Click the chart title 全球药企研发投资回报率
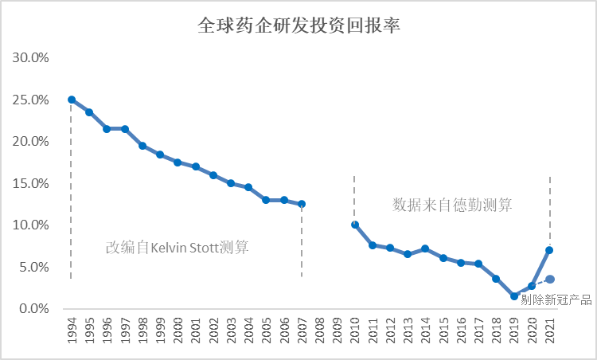click(x=298, y=25)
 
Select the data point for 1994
click(x=72, y=100)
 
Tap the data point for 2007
click(x=302, y=204)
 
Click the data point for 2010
click(x=355, y=225)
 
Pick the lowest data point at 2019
click(x=514, y=295)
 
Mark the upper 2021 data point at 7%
click(x=549, y=250)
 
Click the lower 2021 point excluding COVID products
click(x=549, y=279)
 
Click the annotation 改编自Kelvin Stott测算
click(x=177, y=247)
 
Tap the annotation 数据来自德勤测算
click(x=451, y=204)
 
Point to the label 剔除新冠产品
click(x=556, y=299)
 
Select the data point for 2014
click(x=425, y=248)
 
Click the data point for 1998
click(x=142, y=146)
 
